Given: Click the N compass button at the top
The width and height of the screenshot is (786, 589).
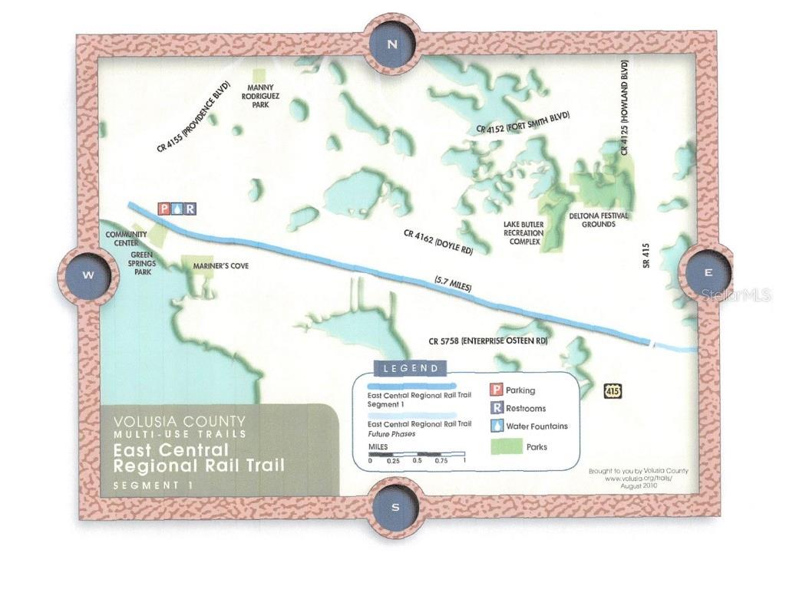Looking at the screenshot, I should pyautogui.click(x=392, y=44).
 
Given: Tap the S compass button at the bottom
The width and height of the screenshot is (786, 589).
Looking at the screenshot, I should pyautogui.click(x=395, y=507).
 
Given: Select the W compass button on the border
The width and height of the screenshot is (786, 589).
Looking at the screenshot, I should pyautogui.click(x=88, y=275).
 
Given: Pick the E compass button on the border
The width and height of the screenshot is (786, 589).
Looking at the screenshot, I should pyautogui.click(x=708, y=272).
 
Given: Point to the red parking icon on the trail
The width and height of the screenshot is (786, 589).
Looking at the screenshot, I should pyautogui.click(x=163, y=209).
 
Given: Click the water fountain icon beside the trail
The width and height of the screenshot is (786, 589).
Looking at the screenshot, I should pyautogui.click(x=177, y=209).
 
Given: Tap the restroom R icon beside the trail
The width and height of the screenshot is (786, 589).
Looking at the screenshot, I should pyautogui.click(x=190, y=209).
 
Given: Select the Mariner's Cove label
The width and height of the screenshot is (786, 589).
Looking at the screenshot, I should pyautogui.click(x=221, y=266).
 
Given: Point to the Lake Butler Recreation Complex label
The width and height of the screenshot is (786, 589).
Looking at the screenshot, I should pyautogui.click(x=523, y=233).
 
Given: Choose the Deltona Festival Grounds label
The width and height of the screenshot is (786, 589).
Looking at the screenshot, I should pyautogui.click(x=598, y=220).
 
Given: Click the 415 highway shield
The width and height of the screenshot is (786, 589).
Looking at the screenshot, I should pyautogui.click(x=613, y=391).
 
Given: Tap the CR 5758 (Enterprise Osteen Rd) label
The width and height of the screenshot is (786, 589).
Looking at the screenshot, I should pyautogui.click(x=488, y=341).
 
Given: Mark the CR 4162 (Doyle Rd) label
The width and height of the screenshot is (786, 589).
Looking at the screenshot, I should pyautogui.click(x=438, y=240).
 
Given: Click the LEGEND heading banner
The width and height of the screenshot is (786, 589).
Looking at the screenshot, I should pyautogui.click(x=410, y=368).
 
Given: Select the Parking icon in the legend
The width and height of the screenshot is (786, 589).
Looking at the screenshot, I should pyautogui.click(x=497, y=390).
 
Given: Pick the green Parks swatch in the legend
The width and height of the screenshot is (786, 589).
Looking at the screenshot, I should pyautogui.click(x=504, y=446).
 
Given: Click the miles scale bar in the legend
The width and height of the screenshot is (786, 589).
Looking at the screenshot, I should pyautogui.click(x=417, y=453).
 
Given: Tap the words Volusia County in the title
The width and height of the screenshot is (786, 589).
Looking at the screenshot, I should pyautogui.click(x=180, y=421).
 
